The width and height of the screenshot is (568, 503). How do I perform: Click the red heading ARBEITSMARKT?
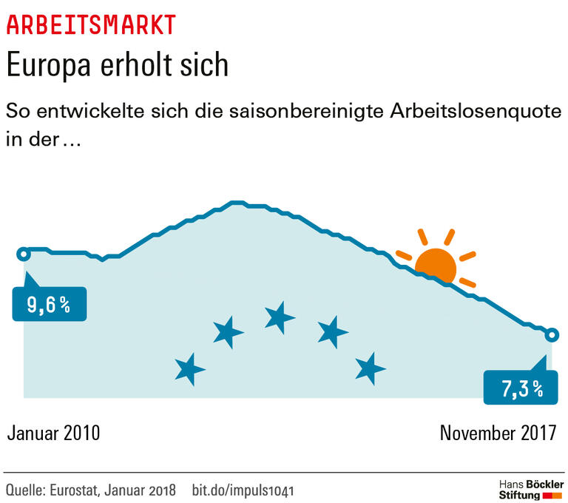tap(91, 24)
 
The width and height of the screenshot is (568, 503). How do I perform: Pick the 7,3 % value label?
tap(521, 388)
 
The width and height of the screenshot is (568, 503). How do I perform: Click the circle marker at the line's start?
tap(24, 254)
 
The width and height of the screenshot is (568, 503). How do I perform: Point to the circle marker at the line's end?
tap(551, 335)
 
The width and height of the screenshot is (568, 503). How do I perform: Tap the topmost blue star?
tap(280, 317)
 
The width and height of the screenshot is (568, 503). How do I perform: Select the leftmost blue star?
tap(190, 368)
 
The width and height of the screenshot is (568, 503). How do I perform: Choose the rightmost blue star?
tap(369, 368)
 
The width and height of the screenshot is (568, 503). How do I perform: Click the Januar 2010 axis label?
tap(53, 433)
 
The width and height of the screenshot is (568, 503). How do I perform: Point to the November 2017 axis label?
tap(498, 433)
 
